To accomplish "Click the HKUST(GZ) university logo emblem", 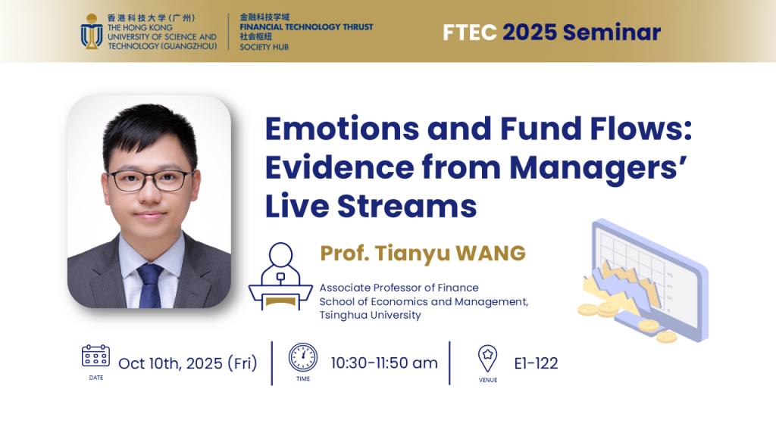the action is click(x=92, y=32).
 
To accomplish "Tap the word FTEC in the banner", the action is click(x=470, y=33).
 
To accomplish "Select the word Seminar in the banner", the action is click(x=612, y=33).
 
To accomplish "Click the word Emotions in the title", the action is click(x=342, y=129).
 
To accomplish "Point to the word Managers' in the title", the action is click(x=598, y=169).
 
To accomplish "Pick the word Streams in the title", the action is click(x=407, y=206).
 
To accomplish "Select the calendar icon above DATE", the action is click(x=95, y=356).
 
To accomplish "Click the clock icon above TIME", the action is click(x=303, y=357).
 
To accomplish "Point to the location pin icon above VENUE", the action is click(x=487, y=358).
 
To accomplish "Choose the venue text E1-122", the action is click(x=536, y=363).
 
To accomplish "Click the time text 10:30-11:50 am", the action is click(x=384, y=363).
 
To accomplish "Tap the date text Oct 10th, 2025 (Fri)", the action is click(x=188, y=363).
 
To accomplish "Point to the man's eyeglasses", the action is click(x=149, y=180).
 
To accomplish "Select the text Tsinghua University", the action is click(x=370, y=316).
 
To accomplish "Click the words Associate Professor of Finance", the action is click(x=399, y=288).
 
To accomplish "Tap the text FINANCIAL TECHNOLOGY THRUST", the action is click(x=306, y=26).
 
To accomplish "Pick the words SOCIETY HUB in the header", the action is click(x=264, y=47).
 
